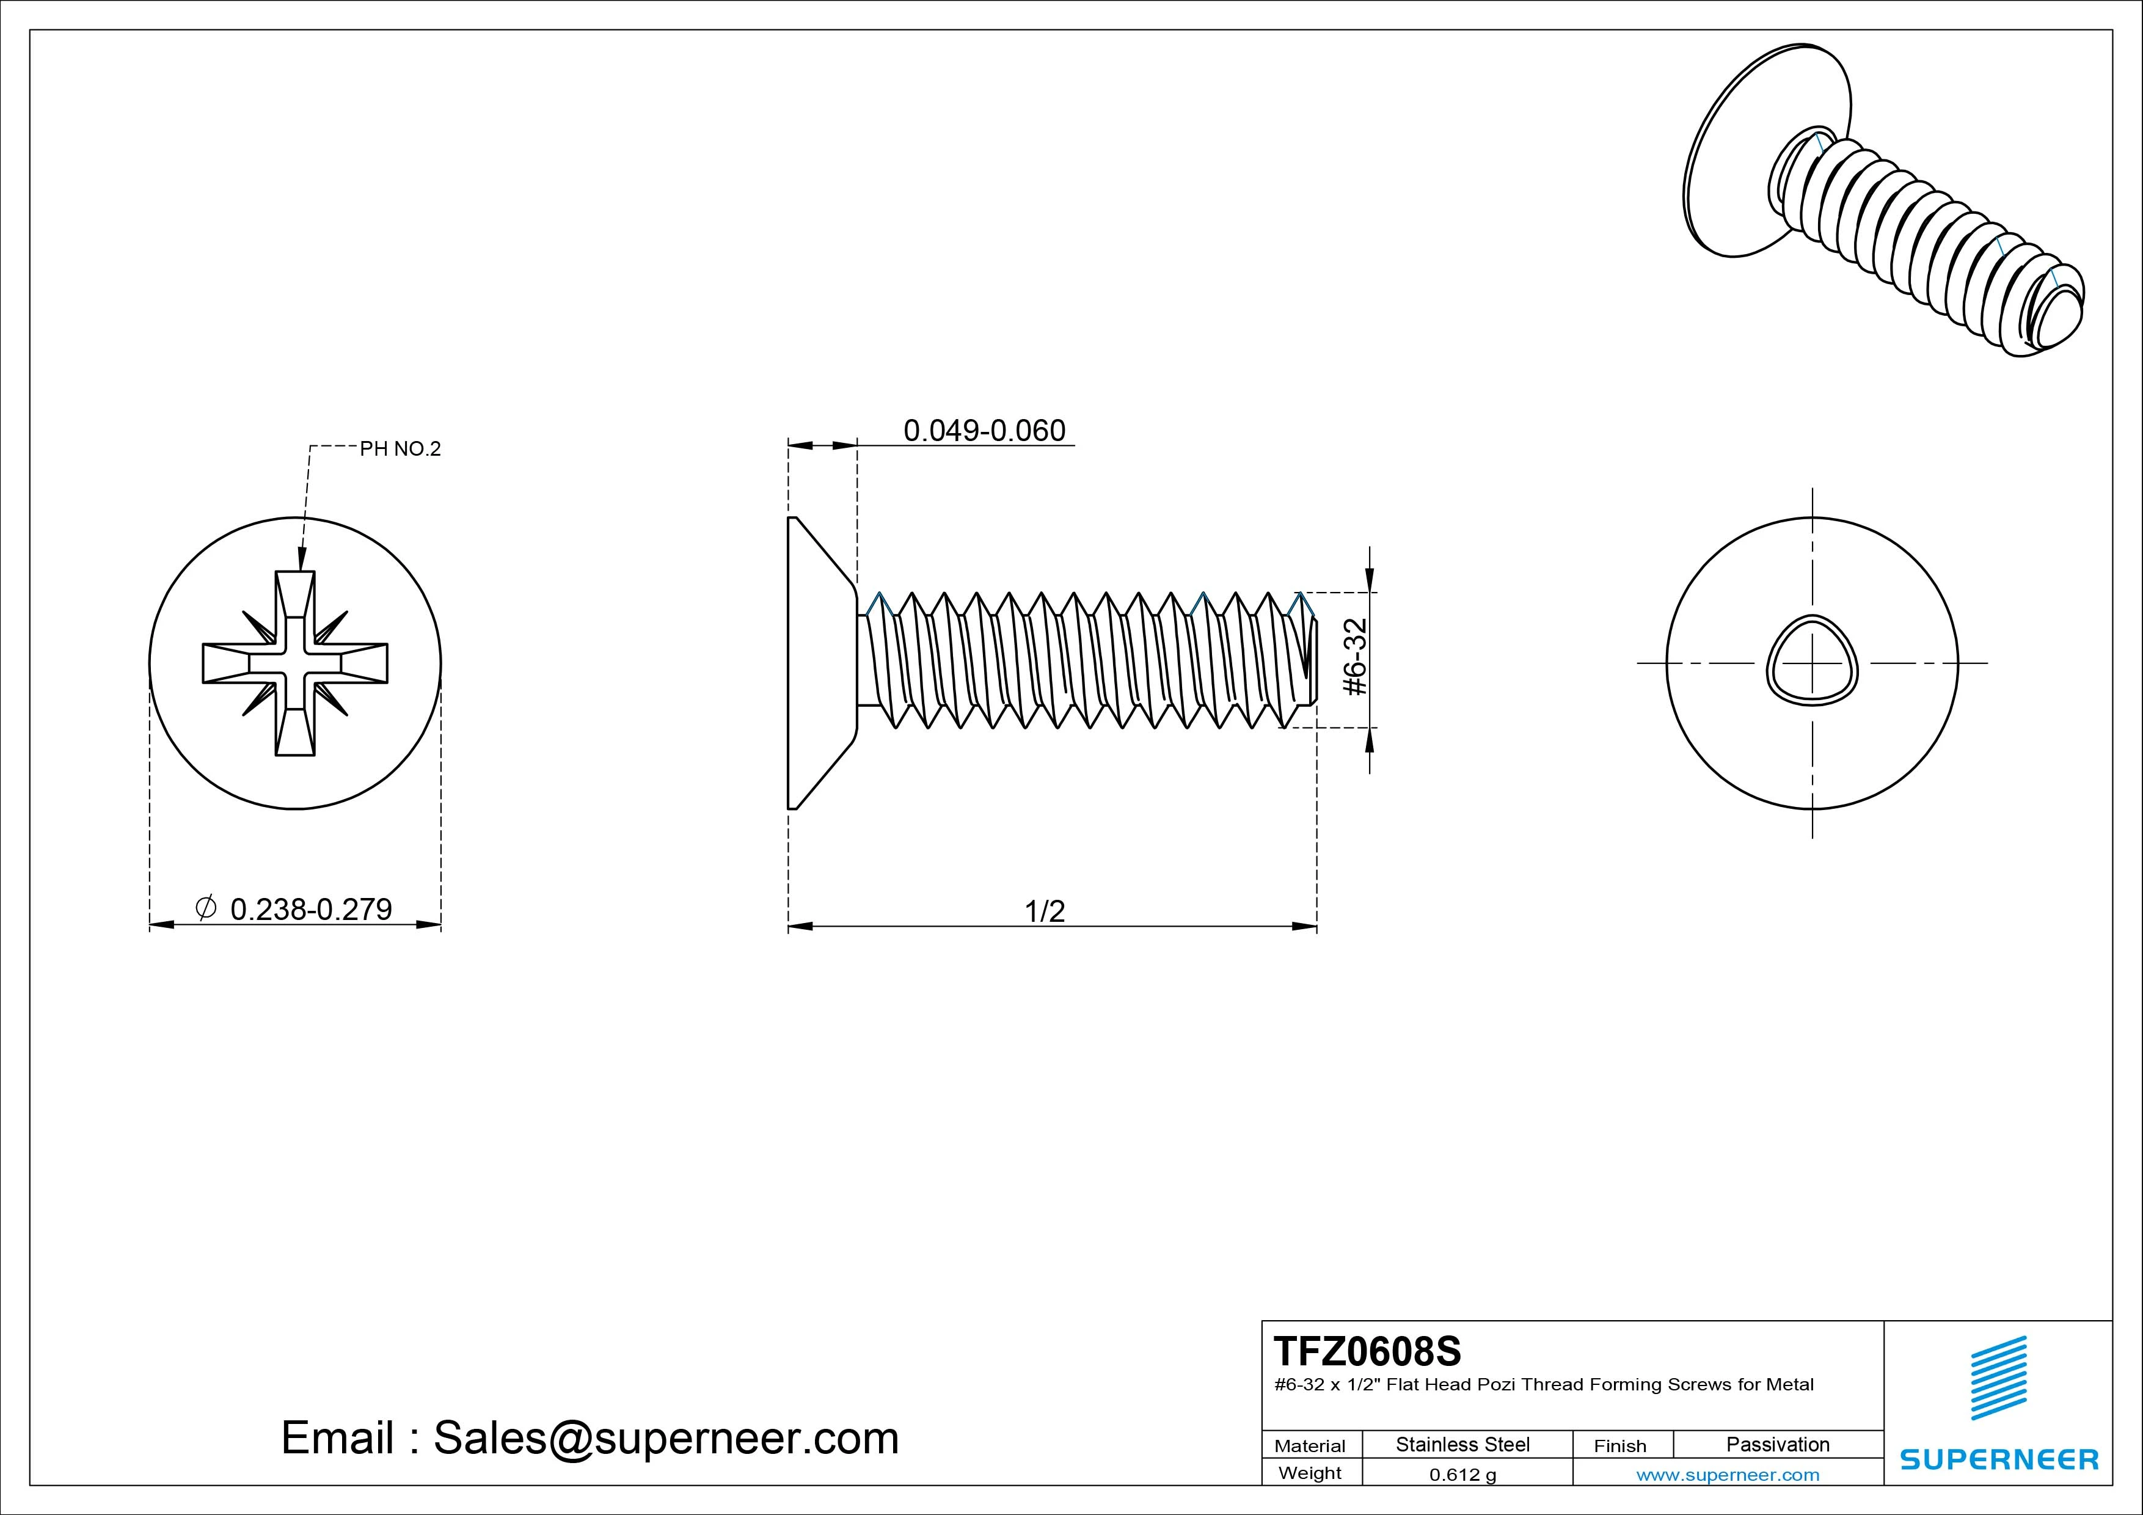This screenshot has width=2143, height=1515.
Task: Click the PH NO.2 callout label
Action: pos(400,449)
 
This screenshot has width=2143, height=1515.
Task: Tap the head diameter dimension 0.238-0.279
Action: pos(311,908)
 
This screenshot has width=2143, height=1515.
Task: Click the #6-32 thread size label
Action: pos(1355,657)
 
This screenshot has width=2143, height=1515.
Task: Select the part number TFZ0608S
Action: pos(1367,1351)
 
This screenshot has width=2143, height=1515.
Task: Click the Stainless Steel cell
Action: pos(1462,1444)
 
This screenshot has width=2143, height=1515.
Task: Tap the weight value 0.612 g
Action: pos(1462,1475)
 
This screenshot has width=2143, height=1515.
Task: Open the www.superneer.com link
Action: pos(1728,1475)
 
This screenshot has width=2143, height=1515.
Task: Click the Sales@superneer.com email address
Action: pos(665,1437)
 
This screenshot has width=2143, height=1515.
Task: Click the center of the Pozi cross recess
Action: pos(295,663)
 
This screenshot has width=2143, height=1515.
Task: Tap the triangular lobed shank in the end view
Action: pos(1813,663)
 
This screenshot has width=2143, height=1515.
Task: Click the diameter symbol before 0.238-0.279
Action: pos(206,907)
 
